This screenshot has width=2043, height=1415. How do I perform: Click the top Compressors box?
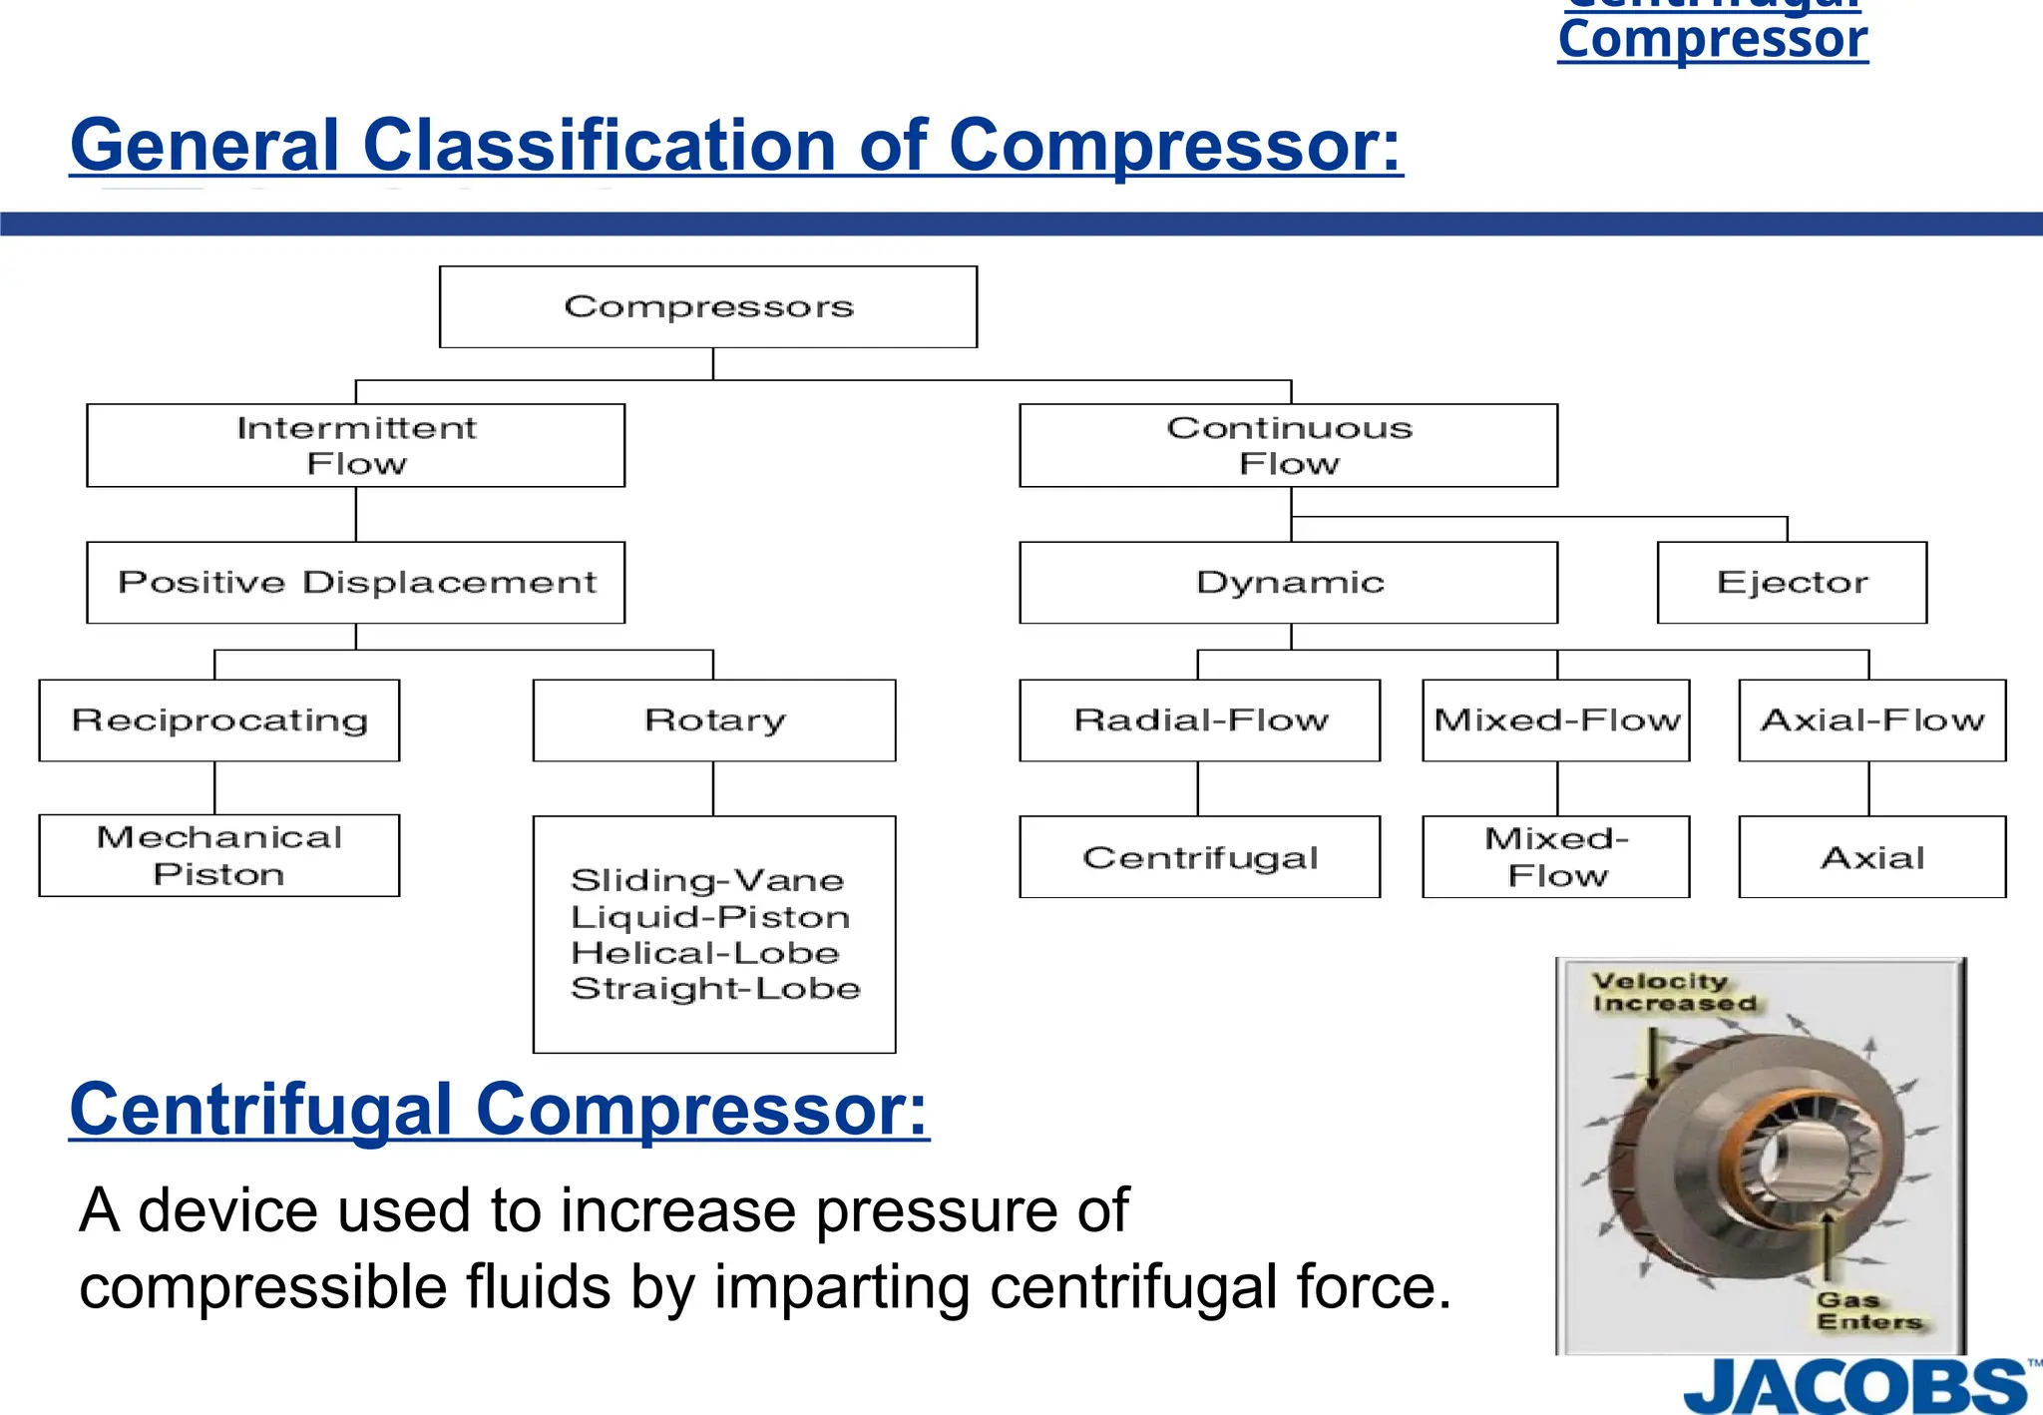708,306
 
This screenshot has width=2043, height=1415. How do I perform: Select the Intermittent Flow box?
356,445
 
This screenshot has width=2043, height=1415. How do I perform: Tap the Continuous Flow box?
1288,445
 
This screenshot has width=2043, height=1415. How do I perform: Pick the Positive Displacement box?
356,583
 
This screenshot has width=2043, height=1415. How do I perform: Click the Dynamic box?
1288,583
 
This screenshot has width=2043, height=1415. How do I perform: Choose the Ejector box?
1792,583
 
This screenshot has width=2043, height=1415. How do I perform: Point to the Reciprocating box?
219,720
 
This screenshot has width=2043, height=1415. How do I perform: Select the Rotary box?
714,720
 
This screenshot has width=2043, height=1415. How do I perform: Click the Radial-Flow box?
1200,720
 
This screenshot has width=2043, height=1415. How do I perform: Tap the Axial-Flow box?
1872,720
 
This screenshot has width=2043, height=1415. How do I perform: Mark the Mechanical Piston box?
219,855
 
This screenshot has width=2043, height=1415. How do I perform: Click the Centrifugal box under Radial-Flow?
1200,857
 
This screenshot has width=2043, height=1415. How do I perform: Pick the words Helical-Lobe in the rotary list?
705,953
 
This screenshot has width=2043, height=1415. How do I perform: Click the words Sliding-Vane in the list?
707,880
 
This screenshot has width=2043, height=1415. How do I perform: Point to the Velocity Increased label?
1673,993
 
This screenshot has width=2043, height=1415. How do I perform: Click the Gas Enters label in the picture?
1867,1311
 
